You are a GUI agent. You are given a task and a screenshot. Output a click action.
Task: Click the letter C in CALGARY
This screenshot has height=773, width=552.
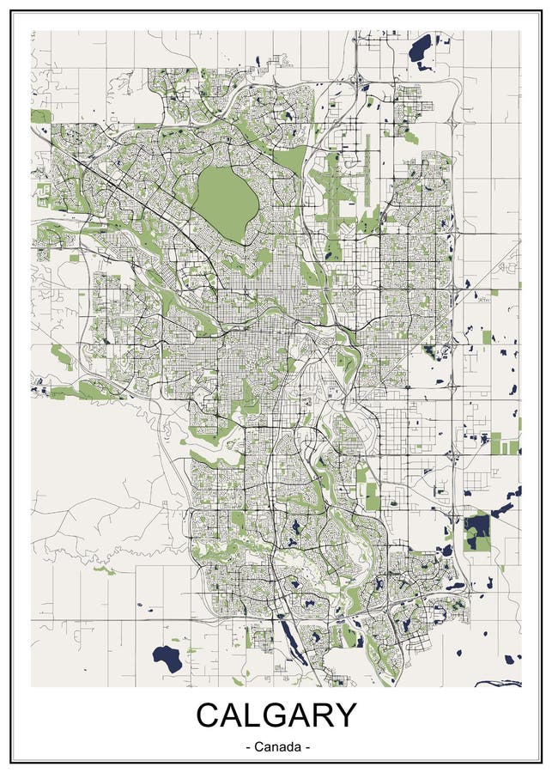coord(211,715)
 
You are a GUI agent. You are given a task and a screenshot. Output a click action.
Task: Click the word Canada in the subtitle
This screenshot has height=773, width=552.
coord(276,747)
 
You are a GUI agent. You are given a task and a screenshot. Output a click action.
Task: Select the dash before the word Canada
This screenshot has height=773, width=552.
coord(248,748)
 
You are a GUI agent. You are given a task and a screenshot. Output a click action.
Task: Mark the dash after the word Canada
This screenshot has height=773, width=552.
coord(306,748)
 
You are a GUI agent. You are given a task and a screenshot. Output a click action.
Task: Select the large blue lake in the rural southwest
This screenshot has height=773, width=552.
coord(167,659)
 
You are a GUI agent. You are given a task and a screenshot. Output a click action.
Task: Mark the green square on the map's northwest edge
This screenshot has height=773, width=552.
coord(40,116)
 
